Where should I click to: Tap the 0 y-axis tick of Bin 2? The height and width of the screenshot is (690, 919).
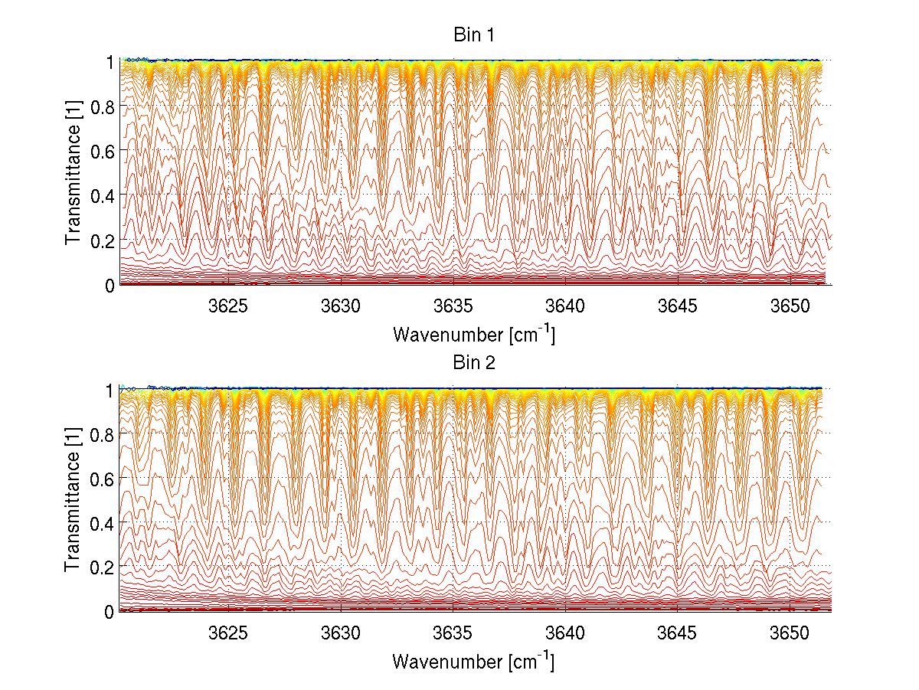(110, 612)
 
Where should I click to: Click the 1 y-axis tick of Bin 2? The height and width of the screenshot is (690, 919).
(110, 389)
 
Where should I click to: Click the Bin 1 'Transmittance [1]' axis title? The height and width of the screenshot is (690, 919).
(73, 173)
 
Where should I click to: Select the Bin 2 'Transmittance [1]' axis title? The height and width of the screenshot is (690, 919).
(73, 500)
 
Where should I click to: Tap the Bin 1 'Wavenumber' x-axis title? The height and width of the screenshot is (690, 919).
(473, 334)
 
